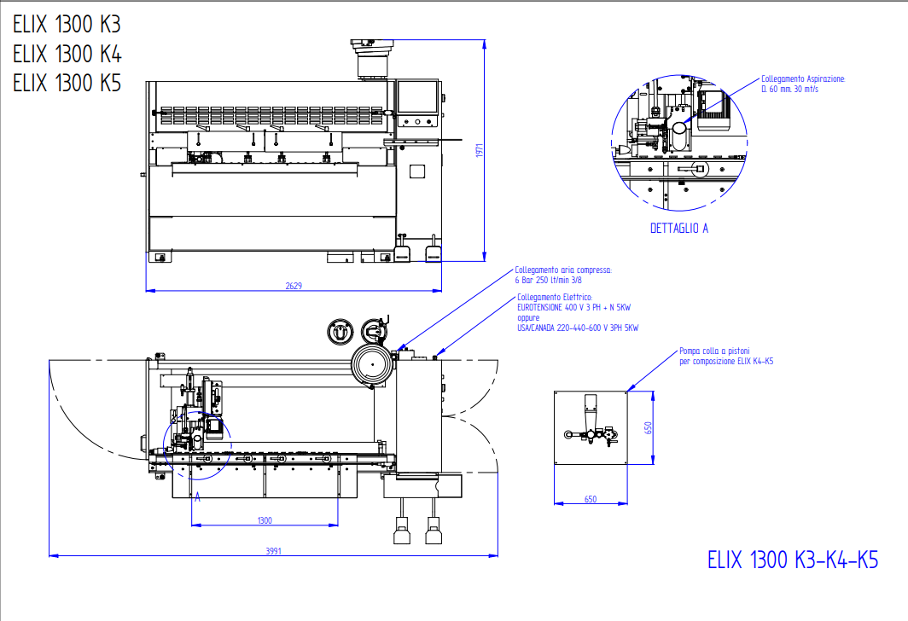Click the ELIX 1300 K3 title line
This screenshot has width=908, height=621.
pyautogui.click(x=67, y=25)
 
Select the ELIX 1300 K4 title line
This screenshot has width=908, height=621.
pyautogui.click(x=67, y=54)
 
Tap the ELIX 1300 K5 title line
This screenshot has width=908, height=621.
pyautogui.click(x=67, y=83)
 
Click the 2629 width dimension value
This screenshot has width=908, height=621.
pyautogui.click(x=294, y=286)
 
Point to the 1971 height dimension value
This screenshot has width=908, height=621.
pyautogui.click(x=480, y=150)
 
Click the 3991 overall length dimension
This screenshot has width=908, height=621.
pyautogui.click(x=273, y=551)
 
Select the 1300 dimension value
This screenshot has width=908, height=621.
pyautogui.click(x=265, y=520)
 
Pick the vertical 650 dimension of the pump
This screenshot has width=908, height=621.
pyautogui.click(x=648, y=427)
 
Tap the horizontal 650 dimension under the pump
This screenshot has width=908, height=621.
pyautogui.click(x=591, y=500)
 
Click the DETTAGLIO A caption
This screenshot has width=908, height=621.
pyautogui.click(x=679, y=229)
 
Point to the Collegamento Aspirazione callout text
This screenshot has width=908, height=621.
pyautogui.click(x=803, y=78)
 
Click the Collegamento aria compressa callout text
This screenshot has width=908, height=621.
pyautogui.click(x=562, y=270)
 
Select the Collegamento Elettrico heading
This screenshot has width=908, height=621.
pyautogui.click(x=555, y=297)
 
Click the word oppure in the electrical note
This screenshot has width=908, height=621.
pyautogui.click(x=529, y=317)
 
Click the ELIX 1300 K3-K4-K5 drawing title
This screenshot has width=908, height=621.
pyautogui.click(x=793, y=560)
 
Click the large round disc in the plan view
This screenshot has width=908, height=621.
pyautogui.click(x=372, y=366)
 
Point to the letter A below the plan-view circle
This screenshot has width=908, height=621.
pyautogui.click(x=198, y=496)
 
